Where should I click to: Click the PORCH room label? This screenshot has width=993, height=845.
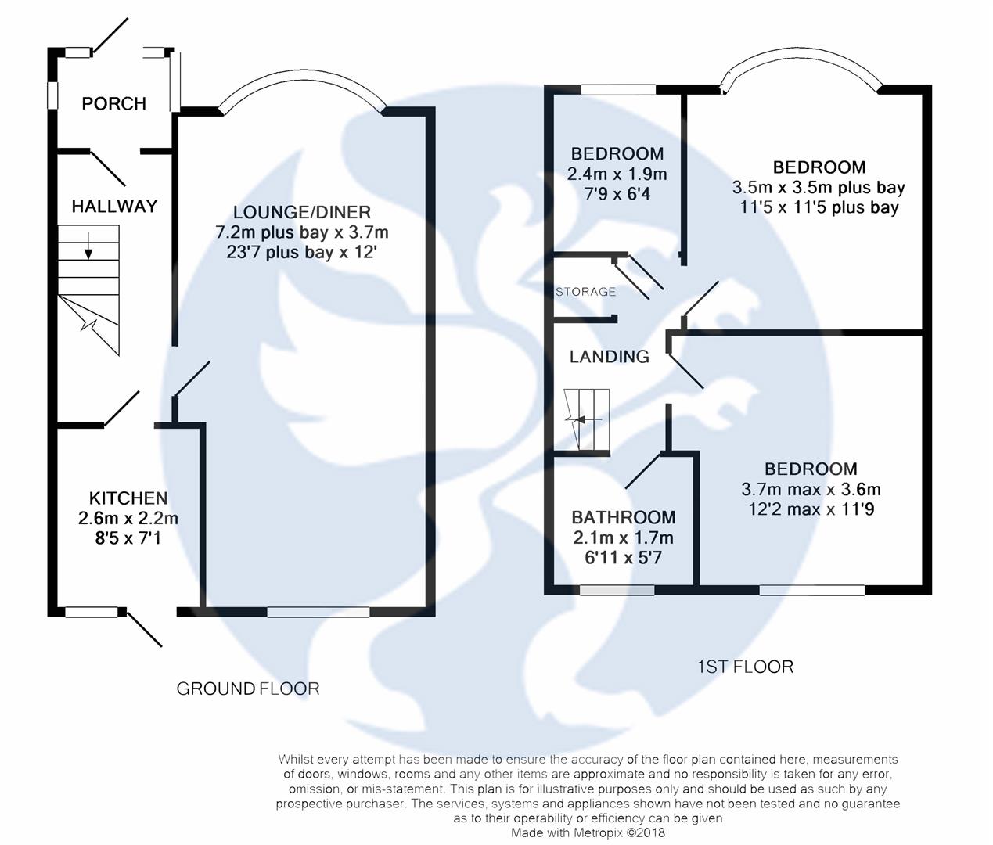[x=113, y=103]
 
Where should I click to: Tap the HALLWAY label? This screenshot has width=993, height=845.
[x=114, y=206]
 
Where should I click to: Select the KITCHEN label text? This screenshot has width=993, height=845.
[x=128, y=498]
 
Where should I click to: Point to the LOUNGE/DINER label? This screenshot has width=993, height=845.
[x=302, y=212]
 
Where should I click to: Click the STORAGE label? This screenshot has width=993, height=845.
[x=585, y=292]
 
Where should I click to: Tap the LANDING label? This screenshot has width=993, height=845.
[x=609, y=357]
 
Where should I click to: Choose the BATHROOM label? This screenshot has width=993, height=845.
[x=623, y=517]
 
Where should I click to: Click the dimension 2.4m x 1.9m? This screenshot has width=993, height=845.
[x=617, y=174]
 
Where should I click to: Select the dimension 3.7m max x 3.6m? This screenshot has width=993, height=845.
[x=811, y=489]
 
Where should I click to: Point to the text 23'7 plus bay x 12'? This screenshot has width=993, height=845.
[x=302, y=253]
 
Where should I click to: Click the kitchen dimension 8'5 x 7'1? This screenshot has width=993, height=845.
[x=128, y=538]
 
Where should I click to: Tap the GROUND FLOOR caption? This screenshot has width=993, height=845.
[x=247, y=689]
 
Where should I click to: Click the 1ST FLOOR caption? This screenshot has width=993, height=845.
[x=745, y=667]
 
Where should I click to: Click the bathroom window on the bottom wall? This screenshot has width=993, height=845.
[x=617, y=590]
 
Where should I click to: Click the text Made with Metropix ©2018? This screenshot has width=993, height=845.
[x=588, y=832]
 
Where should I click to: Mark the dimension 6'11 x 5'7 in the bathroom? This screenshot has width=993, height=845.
[x=623, y=558]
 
